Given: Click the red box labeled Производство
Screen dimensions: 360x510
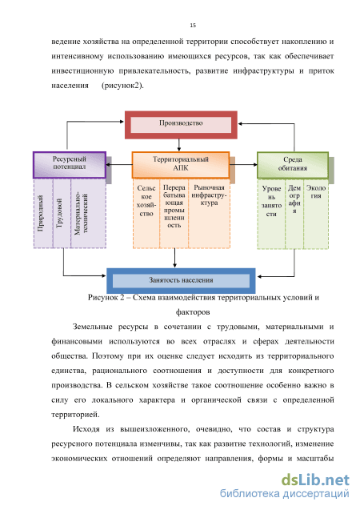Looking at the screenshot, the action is pyautogui.click(x=181, y=125).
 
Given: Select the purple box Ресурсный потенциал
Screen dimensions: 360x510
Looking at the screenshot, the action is pyautogui.click(x=70, y=165).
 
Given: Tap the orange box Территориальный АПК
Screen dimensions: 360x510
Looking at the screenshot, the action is pyautogui.click(x=181, y=165).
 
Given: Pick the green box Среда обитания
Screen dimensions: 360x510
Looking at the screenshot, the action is pyautogui.click(x=293, y=165).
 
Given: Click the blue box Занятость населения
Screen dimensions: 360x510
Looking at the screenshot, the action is pyautogui.click(x=181, y=281).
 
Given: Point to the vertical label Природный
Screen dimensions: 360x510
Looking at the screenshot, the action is pyautogui.click(x=40, y=213).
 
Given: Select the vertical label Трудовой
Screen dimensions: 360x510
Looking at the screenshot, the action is pyautogui.click(x=59, y=213).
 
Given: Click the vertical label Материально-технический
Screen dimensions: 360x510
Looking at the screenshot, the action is pyautogui.click(x=81, y=213).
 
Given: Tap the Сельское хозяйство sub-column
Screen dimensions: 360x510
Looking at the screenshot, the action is pyautogui.click(x=146, y=214).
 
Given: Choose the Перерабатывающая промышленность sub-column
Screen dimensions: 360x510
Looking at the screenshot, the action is pyautogui.click(x=174, y=214).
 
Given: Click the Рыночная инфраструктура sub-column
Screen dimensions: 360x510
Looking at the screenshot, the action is pyautogui.click(x=210, y=214).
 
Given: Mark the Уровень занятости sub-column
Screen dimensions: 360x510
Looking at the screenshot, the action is pyautogui.click(x=271, y=214).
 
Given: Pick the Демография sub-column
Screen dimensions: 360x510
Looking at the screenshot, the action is pyautogui.click(x=294, y=214).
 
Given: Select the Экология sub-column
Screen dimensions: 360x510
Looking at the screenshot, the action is pyautogui.click(x=316, y=214).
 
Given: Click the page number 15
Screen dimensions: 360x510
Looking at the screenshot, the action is pyautogui.click(x=193, y=26).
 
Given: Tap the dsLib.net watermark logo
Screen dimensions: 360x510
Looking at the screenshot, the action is pyautogui.click(x=315, y=480).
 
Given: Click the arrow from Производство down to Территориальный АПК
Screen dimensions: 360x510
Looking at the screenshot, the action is pyautogui.click(x=179, y=145).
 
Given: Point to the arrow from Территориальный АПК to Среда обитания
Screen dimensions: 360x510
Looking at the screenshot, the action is pyautogui.click(x=244, y=165).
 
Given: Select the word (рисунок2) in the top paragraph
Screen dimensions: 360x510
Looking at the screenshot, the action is pyautogui.click(x=123, y=86).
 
